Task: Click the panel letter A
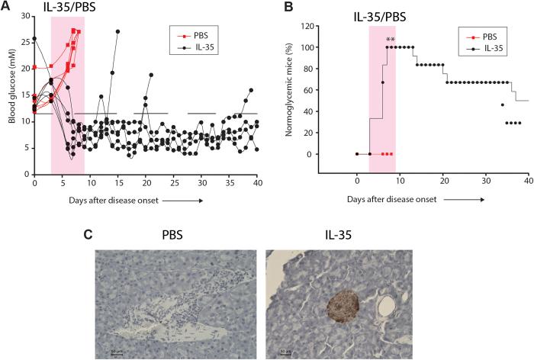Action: point(7,7)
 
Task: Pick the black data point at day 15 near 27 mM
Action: point(117,31)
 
